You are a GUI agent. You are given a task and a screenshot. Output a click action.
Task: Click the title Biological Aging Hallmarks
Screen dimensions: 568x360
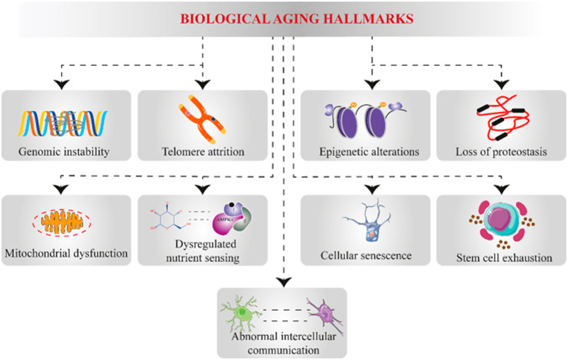[x=296, y=19]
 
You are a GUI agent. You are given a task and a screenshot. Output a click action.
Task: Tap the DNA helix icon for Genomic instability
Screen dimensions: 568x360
[x=62, y=123]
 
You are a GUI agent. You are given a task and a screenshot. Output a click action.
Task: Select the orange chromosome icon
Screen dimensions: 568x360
[x=202, y=119]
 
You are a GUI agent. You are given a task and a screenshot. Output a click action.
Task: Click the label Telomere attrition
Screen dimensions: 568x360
[x=203, y=152]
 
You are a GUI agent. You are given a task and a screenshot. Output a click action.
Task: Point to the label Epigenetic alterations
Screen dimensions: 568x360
[x=369, y=152]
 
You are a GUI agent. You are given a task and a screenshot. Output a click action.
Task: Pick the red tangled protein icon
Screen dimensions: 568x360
[x=503, y=118]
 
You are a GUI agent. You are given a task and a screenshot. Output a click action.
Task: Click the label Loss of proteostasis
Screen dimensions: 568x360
[x=501, y=152]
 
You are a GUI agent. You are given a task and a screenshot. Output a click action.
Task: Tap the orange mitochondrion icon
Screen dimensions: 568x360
[x=62, y=222]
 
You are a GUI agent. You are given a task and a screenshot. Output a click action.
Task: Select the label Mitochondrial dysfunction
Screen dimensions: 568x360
[x=66, y=253]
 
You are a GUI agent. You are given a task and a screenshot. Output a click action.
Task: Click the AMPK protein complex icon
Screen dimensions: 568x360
[x=232, y=218]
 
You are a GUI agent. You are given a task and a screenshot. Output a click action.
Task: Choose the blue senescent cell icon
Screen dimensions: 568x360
[x=367, y=220]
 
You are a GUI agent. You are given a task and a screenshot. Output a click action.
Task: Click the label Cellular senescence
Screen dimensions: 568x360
[x=366, y=255]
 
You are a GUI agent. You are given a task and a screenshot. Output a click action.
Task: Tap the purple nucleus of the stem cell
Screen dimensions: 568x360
[x=499, y=220]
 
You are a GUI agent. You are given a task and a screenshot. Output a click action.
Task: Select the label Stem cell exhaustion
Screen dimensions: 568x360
[x=504, y=258]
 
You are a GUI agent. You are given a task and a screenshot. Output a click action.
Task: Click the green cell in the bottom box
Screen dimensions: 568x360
[x=240, y=313]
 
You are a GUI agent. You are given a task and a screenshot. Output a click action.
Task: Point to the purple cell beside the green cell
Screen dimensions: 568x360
[x=326, y=314]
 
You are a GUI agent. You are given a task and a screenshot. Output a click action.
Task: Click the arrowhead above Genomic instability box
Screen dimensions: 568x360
[x=62, y=85]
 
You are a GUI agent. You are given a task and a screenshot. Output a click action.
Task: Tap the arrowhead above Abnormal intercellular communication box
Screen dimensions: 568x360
[x=283, y=281]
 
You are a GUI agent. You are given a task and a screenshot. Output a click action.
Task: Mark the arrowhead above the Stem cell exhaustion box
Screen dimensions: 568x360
[x=501, y=189]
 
